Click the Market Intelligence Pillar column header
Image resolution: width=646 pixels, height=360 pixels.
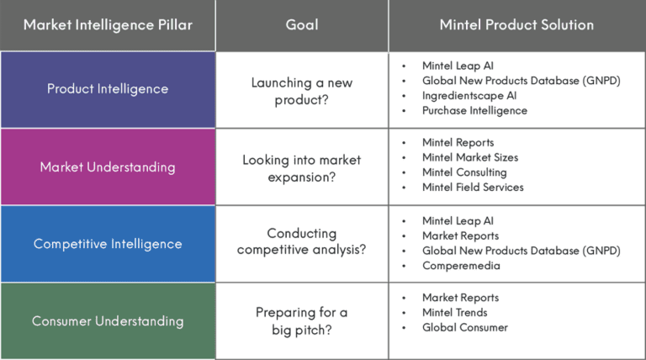[x=108, y=24]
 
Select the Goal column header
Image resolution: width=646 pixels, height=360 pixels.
[x=301, y=24]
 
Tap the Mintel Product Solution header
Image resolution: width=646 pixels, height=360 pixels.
[x=516, y=24]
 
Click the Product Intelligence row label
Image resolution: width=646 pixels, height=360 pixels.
[x=108, y=89]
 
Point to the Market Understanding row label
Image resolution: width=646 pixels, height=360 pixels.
[x=108, y=167]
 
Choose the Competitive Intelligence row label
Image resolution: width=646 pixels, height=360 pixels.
[x=108, y=244]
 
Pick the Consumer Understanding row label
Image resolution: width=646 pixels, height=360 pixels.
[x=108, y=321]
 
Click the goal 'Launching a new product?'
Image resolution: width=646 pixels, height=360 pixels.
[x=301, y=89]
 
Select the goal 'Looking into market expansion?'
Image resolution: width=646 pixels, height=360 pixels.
[x=301, y=167]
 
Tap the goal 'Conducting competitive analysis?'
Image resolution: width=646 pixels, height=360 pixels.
[x=301, y=241]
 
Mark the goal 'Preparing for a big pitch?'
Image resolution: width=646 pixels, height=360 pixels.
[x=301, y=320]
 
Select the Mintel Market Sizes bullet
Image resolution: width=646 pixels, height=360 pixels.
[x=470, y=157]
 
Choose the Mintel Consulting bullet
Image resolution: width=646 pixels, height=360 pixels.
[x=464, y=172]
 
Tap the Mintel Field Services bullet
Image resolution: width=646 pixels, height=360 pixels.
[x=473, y=188]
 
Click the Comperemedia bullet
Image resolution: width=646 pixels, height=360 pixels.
[x=461, y=266]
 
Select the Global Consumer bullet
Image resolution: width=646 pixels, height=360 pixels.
[x=465, y=328]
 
